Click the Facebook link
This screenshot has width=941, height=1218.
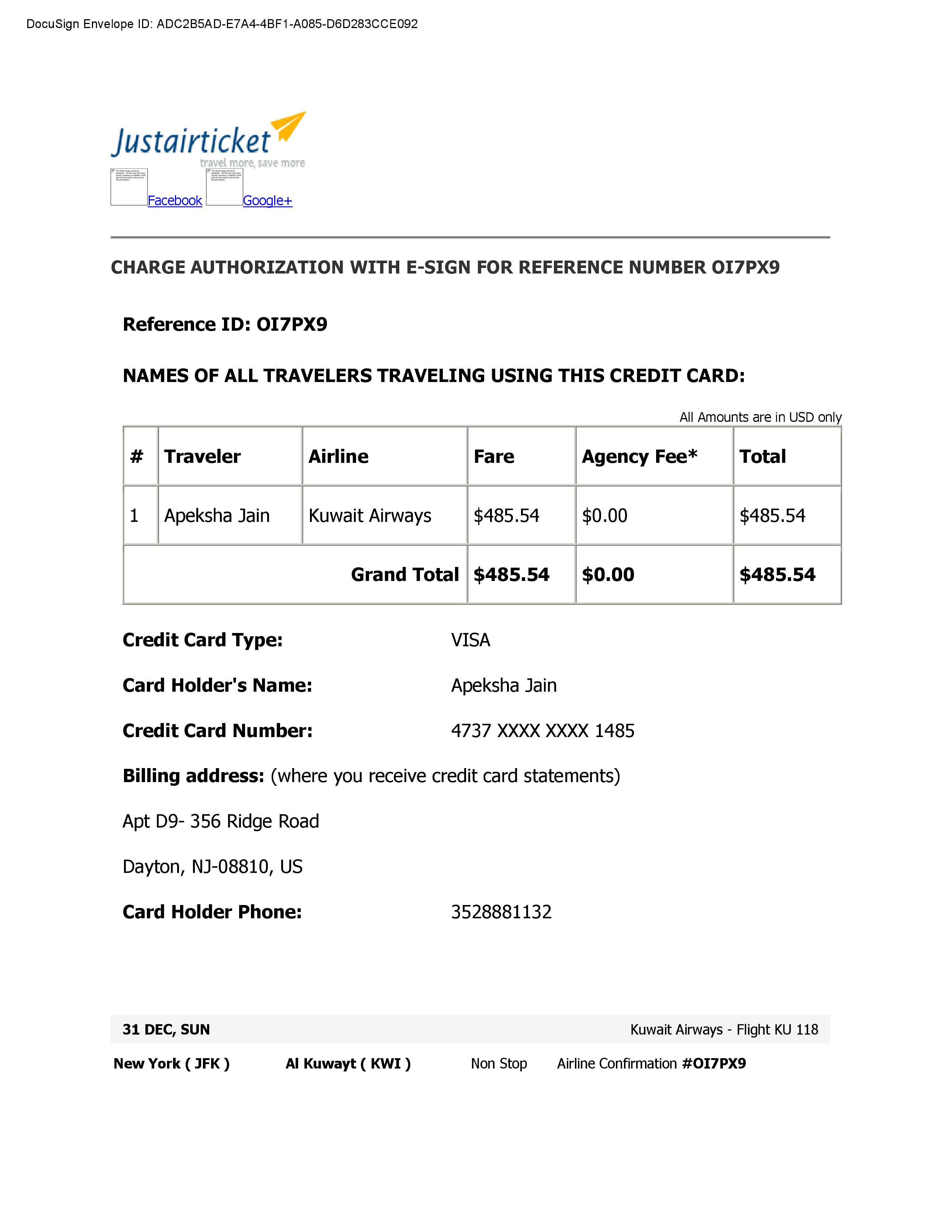(175, 201)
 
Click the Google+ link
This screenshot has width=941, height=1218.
(267, 201)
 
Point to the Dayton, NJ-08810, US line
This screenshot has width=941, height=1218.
(213, 867)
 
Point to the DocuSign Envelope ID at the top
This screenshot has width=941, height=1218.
(222, 24)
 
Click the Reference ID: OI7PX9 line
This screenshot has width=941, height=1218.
(225, 324)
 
